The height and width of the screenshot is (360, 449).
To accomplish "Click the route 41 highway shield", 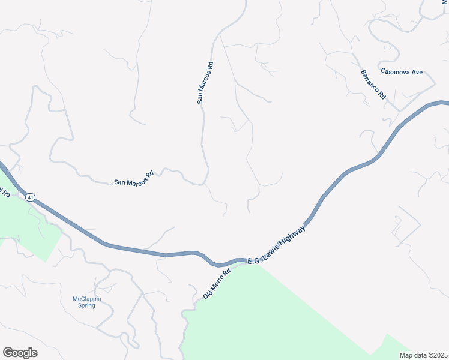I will (31, 197).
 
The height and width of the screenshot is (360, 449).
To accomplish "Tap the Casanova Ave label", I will (402, 72).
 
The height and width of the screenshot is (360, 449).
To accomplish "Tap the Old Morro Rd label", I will (217, 284).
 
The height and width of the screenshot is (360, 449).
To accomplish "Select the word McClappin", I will (84, 299).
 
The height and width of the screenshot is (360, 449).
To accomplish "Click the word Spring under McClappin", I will (84, 306).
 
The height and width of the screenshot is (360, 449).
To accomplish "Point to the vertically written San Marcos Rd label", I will (205, 82).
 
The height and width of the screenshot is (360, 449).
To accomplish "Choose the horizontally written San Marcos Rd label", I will (134, 178).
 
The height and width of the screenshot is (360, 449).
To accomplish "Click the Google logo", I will (20, 353).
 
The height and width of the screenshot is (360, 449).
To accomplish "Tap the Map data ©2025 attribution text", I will (422, 355).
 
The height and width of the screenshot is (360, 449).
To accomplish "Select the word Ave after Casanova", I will (417, 72).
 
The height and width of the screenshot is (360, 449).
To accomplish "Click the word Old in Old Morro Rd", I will (208, 293).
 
